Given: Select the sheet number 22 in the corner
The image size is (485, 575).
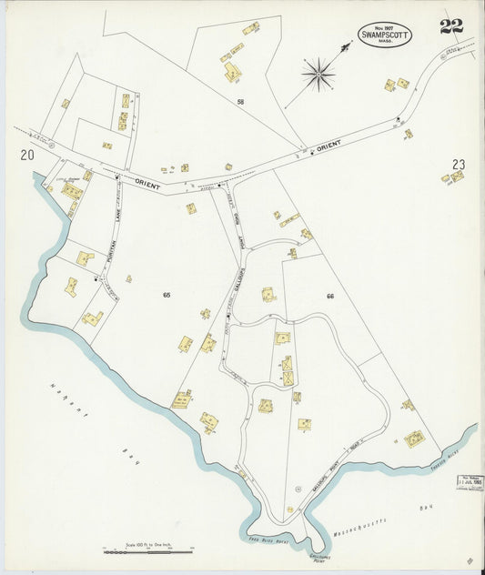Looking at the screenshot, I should [451, 26].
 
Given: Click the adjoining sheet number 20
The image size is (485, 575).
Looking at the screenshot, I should [27, 156].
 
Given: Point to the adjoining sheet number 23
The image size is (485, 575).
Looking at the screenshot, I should [459, 165].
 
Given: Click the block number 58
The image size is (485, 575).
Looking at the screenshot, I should [241, 102].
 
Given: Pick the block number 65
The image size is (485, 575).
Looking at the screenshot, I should [167, 295].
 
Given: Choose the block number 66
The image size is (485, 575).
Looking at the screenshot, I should [330, 296].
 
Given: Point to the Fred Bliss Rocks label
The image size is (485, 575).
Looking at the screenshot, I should [268, 540].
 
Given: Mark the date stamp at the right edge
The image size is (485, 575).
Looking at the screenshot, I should [470, 479].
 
